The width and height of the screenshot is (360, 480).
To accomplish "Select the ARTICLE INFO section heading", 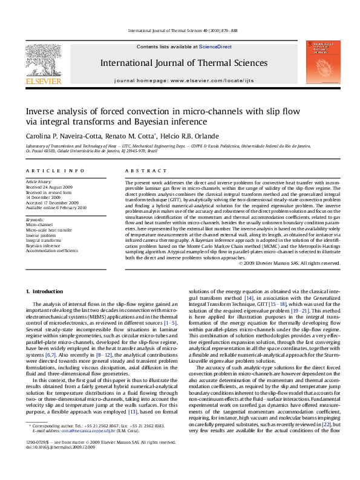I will (47, 172).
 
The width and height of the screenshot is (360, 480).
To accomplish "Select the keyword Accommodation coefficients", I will (51, 250).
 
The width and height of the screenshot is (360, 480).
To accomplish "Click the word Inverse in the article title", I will (40, 112).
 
